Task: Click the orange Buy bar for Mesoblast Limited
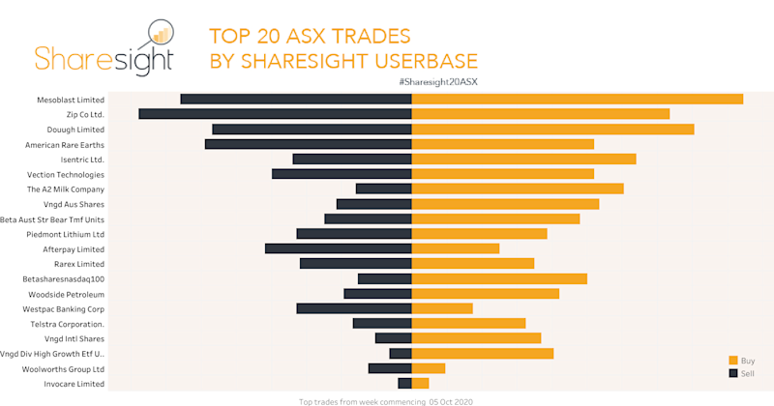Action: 578,99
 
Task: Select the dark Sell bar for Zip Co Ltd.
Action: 276,114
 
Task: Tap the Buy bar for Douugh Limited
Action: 553,129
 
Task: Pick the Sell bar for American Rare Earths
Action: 309,144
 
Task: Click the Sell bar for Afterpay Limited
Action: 339,248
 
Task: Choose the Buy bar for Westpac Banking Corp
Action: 442,308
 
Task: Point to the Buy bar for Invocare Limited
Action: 421,384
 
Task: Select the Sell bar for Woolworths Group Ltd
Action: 390,368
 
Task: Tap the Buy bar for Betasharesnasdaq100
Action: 499,278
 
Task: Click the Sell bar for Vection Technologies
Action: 342,174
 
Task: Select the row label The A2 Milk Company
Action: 66,189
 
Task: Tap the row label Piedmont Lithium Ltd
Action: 66,234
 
